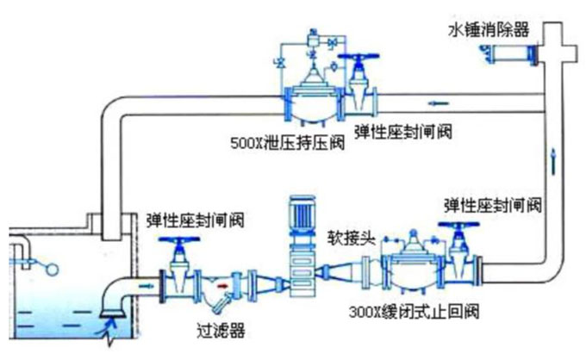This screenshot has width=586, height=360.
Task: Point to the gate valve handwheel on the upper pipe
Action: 354,58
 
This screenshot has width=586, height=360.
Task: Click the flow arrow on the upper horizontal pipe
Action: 439,103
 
